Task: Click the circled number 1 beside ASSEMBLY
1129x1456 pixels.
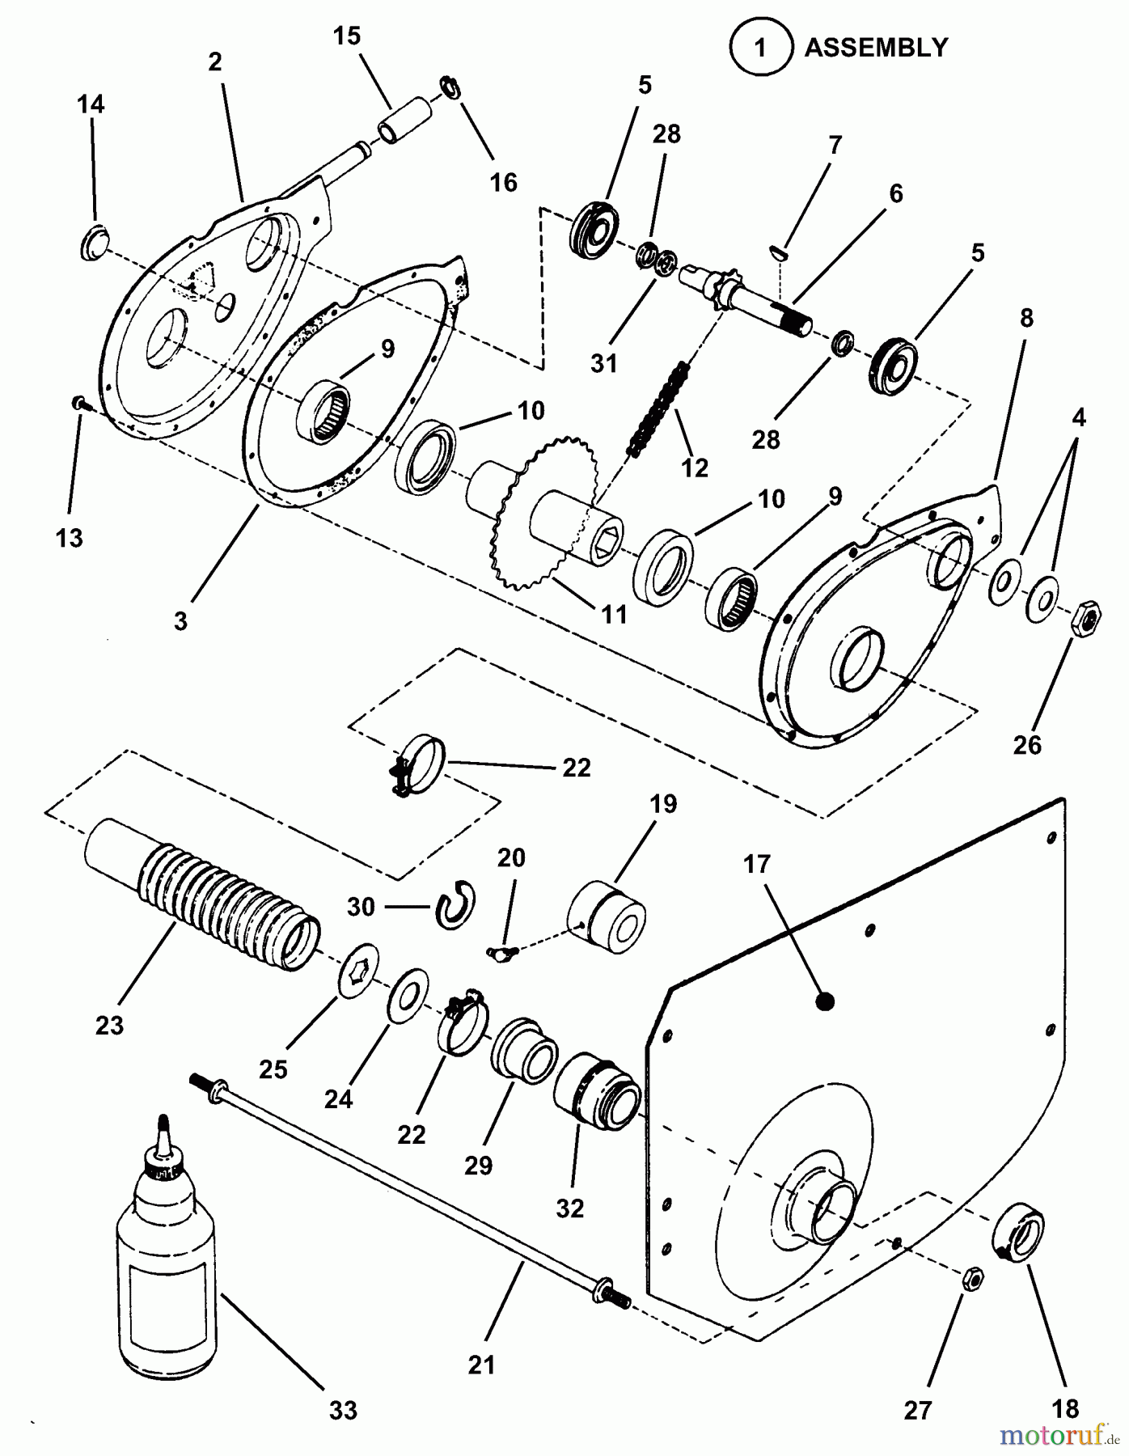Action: coord(759,48)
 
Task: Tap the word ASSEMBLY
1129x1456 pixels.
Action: coord(875,48)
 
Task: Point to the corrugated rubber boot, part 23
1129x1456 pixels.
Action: coord(202,896)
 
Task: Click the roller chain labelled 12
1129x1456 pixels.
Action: coord(659,409)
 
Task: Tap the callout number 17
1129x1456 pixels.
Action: coord(757,865)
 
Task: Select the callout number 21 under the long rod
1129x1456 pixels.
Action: coord(481,1365)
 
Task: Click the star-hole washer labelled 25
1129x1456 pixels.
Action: coord(358,967)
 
